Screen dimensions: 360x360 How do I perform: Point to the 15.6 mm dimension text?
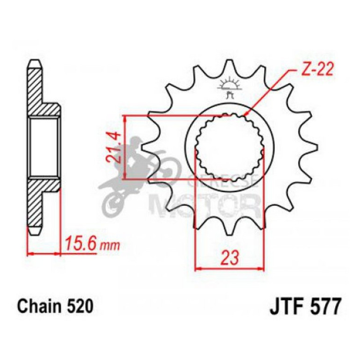(x=92, y=244)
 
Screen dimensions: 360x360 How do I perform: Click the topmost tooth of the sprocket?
(x=229, y=65)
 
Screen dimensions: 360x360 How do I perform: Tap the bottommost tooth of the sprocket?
(x=229, y=228)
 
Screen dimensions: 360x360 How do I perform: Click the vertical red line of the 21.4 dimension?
(x=125, y=147)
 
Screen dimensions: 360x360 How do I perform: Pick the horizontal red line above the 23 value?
(x=229, y=269)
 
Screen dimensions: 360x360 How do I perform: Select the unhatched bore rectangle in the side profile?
(x=44, y=147)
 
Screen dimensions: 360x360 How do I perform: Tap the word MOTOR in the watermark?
(x=206, y=201)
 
